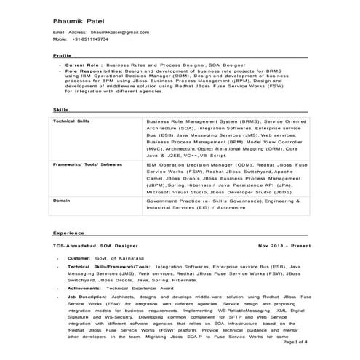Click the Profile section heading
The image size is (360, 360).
[63, 55]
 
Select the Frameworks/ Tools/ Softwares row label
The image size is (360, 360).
[87, 165]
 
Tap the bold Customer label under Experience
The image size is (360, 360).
[79, 259]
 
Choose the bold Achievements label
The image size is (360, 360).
[84, 288]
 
